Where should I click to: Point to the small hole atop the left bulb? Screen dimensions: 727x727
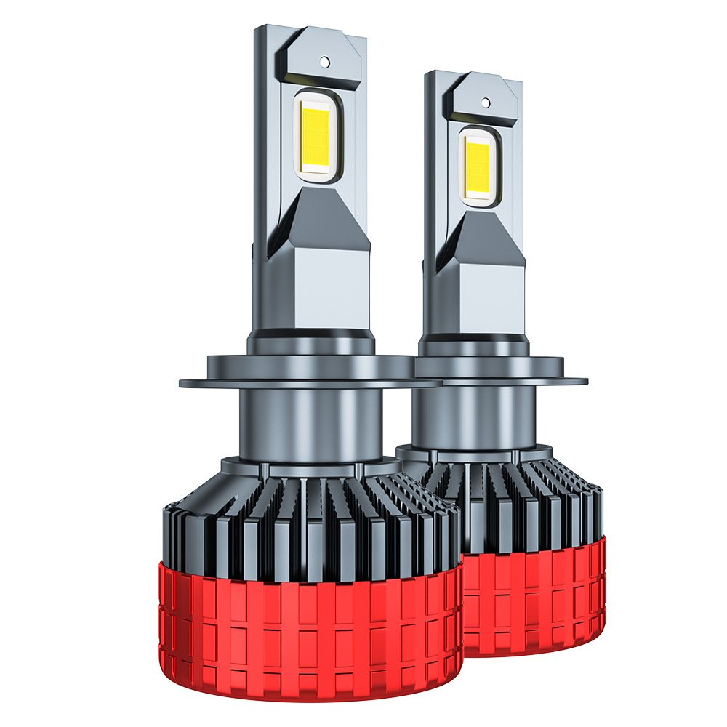pos(324,63)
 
